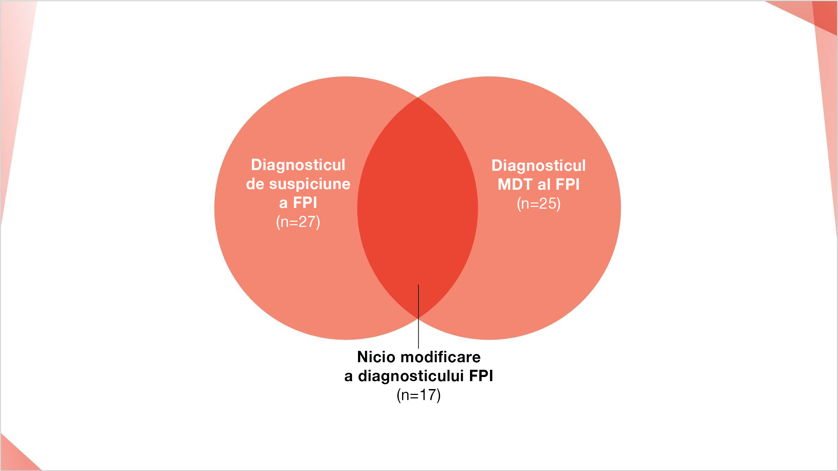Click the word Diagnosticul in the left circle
click(298, 165)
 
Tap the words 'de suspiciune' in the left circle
click(298, 184)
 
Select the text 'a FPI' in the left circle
click(298, 202)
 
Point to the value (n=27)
click(298, 222)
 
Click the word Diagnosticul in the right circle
click(539, 166)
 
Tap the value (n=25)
click(539, 203)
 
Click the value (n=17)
click(419, 395)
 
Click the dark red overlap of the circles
click(418, 207)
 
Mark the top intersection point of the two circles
click(418, 98)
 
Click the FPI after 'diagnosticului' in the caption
click(481, 376)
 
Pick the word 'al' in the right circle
click(544, 184)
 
